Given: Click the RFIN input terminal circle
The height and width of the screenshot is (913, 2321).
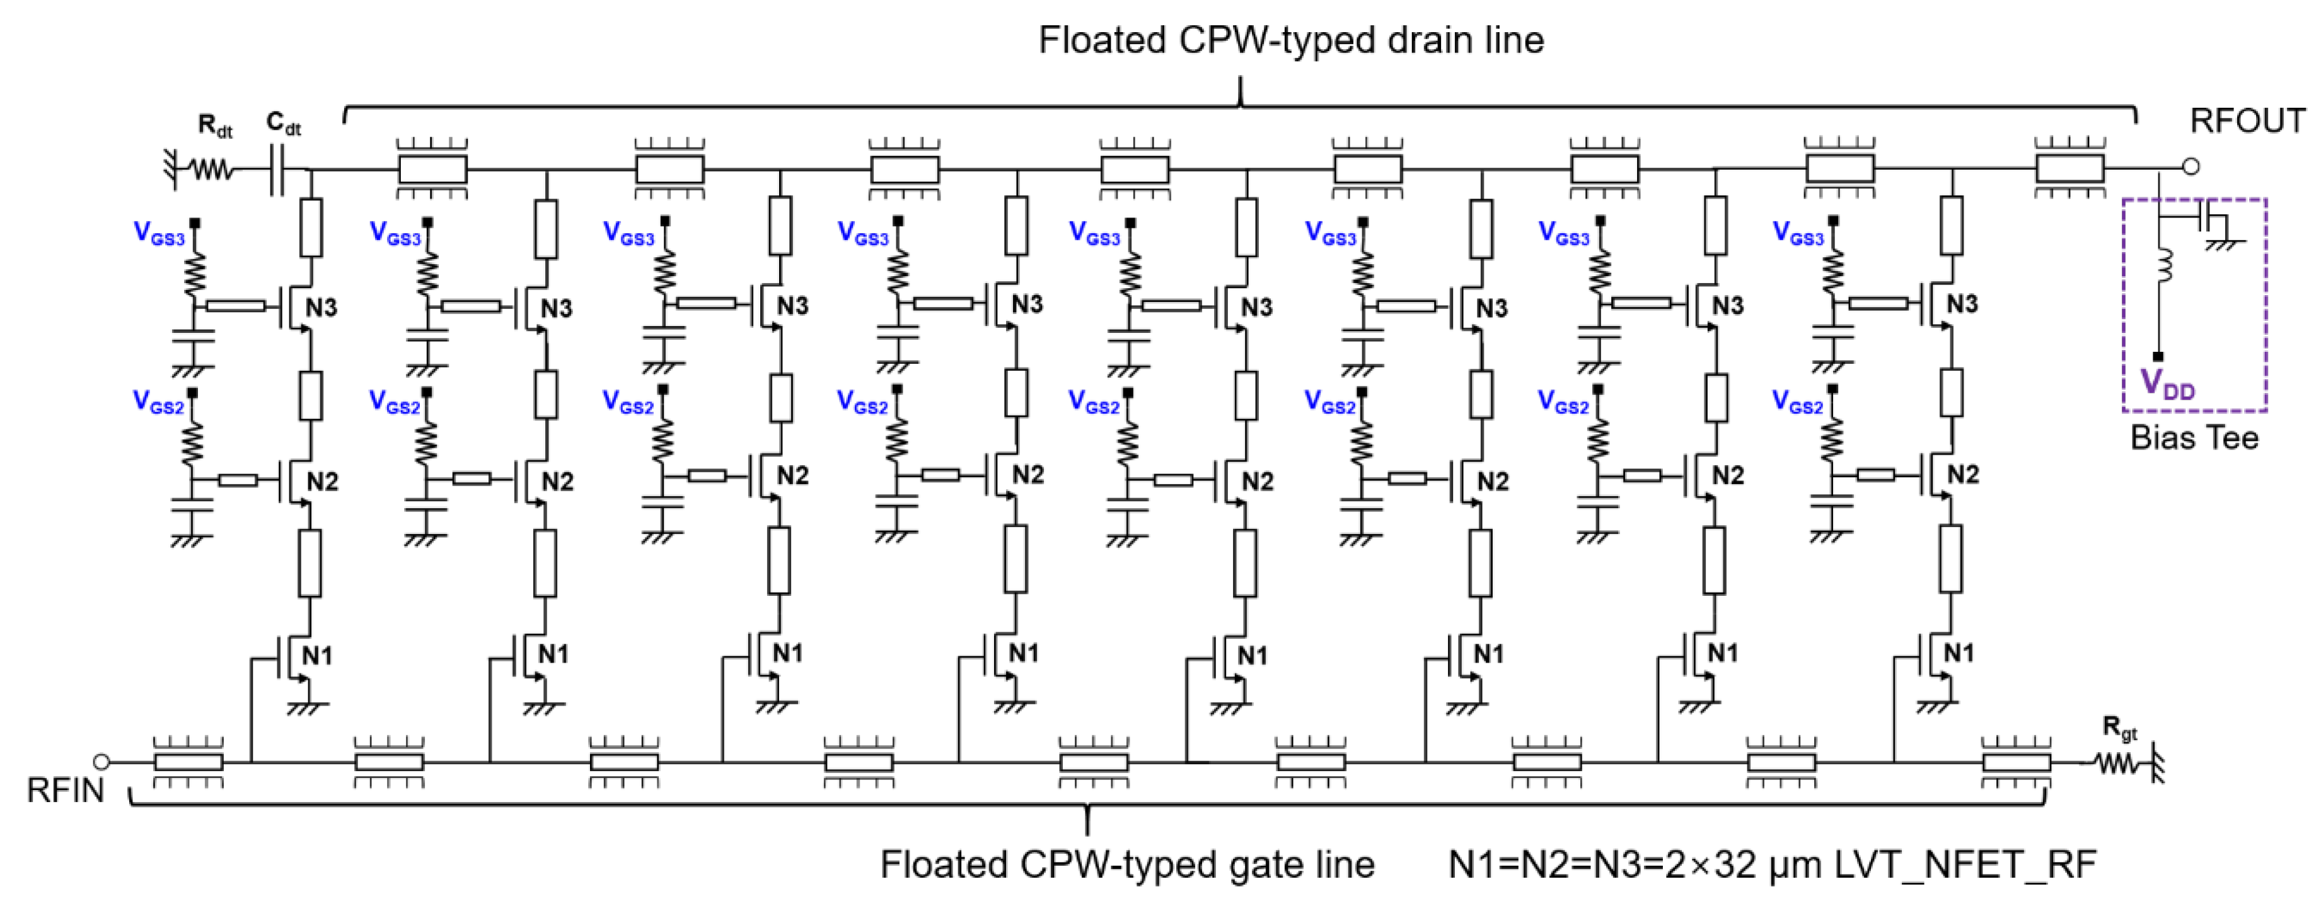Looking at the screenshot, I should point(102,762).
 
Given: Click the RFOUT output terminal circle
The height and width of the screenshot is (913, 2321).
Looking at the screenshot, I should point(2191,166).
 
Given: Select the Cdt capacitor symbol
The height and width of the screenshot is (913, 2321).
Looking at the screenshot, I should point(277,168).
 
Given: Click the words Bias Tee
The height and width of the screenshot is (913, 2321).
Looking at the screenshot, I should point(2194,438).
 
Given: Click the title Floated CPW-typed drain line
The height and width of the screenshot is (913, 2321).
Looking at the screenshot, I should point(1291,40).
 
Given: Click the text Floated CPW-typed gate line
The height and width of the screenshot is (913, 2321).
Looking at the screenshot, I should point(1127,864).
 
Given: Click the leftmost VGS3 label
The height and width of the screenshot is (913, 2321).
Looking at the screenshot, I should point(159,233).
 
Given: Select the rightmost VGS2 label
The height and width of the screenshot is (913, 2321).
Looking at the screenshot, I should point(1798,402).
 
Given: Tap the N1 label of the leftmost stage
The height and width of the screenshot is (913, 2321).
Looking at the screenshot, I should point(316,655).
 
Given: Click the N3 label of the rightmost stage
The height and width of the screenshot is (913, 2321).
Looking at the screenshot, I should point(1962,305).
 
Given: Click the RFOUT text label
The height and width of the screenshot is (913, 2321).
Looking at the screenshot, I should point(2247,121).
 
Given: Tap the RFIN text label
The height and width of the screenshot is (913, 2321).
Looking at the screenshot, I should point(66,791).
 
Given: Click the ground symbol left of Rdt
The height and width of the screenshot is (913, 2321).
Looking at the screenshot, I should point(172,168).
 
